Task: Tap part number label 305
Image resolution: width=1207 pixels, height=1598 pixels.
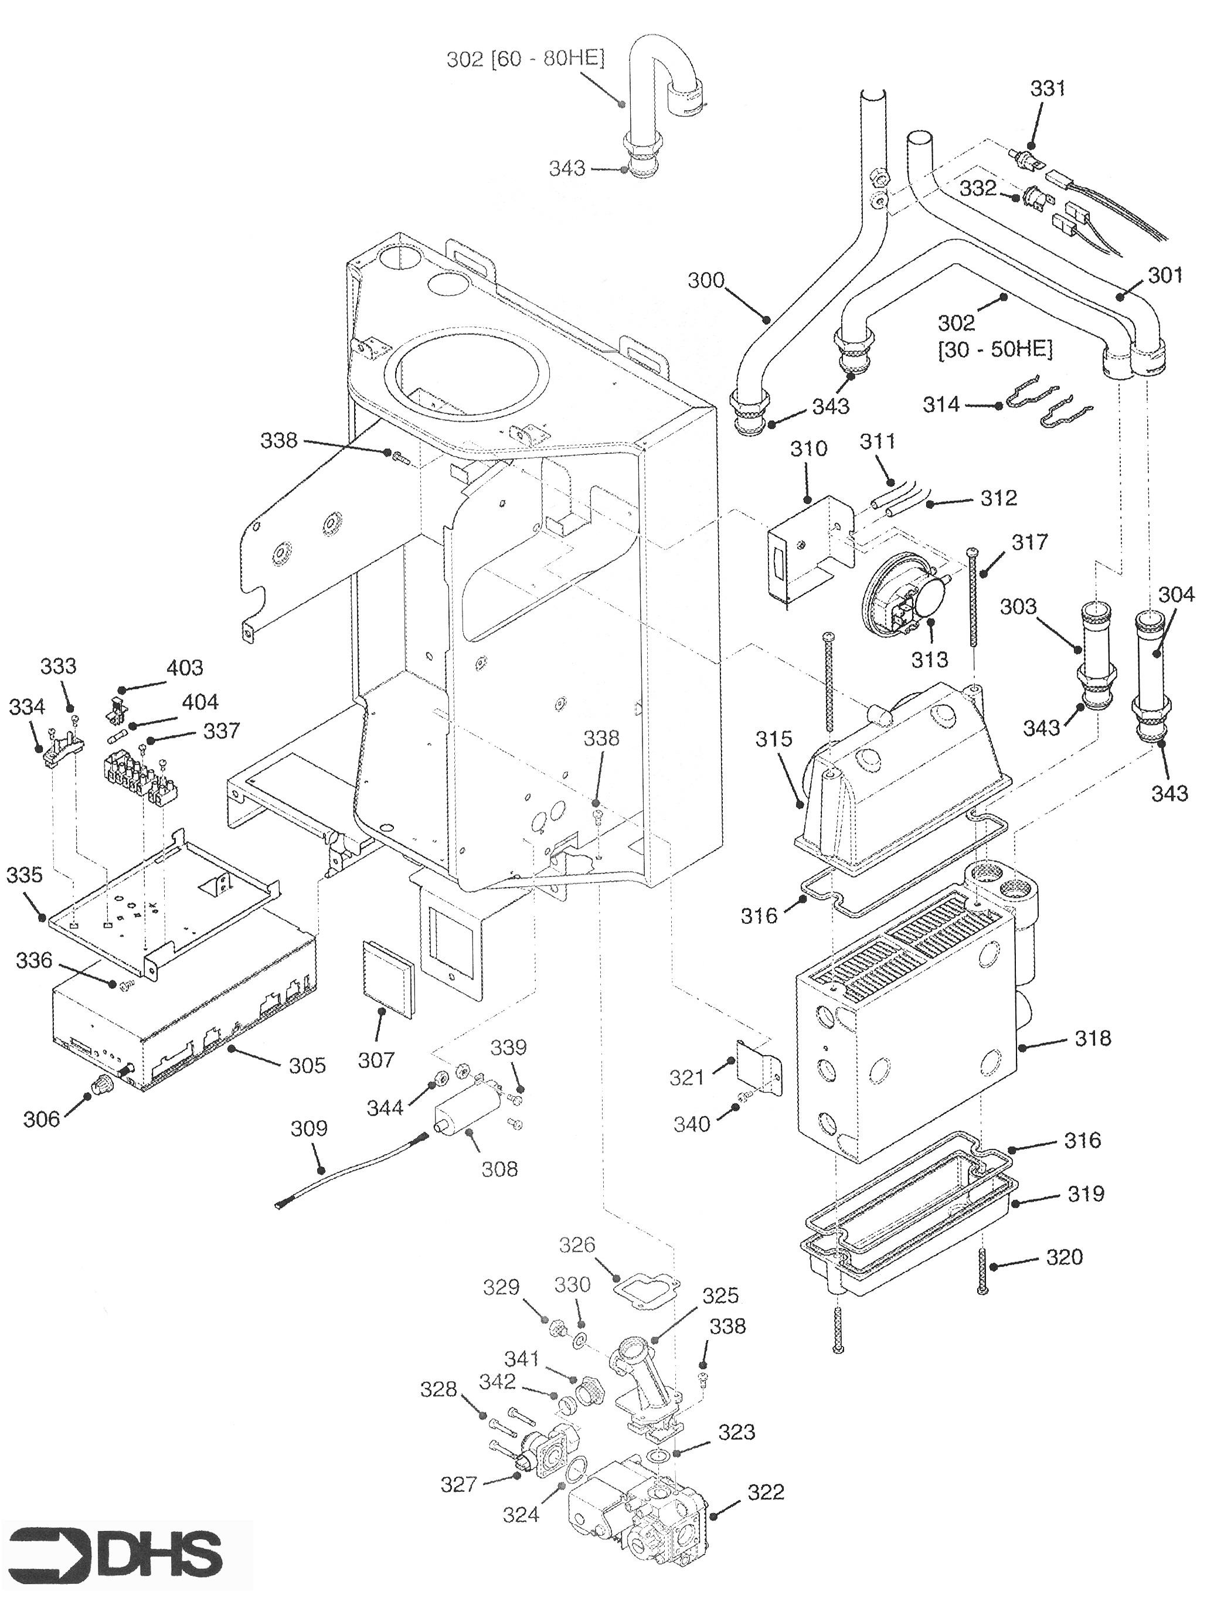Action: [x=307, y=1065]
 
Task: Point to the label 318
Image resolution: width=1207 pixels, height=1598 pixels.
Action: [x=1092, y=1038]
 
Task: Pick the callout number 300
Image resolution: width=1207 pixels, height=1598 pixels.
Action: [x=706, y=280]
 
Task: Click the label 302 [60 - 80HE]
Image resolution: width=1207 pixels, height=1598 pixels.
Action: [x=525, y=59]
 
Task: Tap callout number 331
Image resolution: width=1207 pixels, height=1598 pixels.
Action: [x=1048, y=89]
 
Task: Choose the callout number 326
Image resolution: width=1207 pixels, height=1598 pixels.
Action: [x=578, y=1244]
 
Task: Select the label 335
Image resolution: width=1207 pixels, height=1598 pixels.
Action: [x=25, y=875]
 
